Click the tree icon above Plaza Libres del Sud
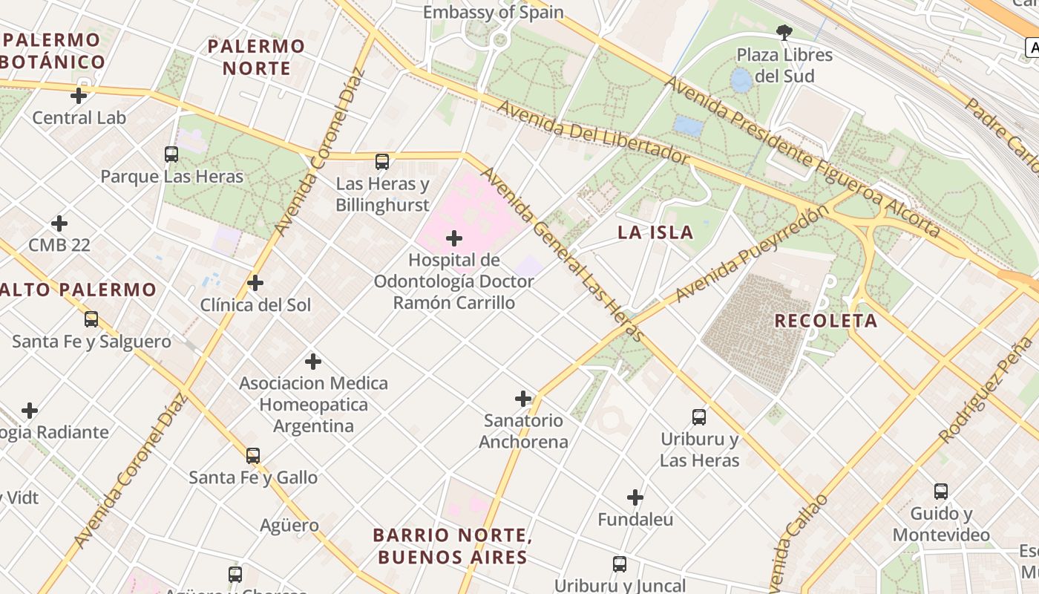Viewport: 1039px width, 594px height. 784,32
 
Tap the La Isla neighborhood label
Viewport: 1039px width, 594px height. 655,232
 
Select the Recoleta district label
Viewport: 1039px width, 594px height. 825,321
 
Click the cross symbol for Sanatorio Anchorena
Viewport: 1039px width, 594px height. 523,399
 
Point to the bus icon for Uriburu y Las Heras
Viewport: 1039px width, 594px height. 699,417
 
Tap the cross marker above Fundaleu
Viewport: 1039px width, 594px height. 635,497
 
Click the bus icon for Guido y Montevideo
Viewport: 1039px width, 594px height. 941,492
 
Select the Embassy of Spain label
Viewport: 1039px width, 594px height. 493,13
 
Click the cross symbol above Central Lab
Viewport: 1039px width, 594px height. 79,96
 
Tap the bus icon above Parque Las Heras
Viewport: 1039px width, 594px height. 171,154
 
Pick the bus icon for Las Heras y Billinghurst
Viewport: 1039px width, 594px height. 382,162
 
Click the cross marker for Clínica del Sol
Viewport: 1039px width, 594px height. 255,283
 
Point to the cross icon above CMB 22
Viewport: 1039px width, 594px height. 59,223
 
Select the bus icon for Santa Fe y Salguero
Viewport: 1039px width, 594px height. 91,319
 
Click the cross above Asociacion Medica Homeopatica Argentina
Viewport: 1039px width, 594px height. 313,362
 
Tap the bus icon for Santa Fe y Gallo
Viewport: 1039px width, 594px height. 253,456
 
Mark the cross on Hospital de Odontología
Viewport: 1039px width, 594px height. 454,238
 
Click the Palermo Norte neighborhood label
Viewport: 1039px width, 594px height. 256,57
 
